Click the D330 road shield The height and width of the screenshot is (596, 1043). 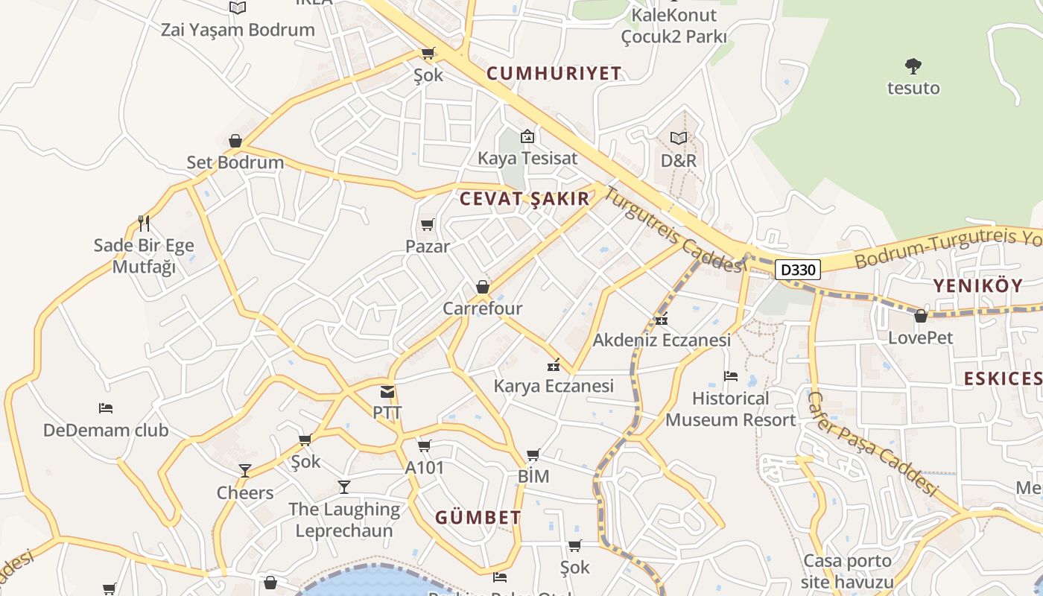(797, 270)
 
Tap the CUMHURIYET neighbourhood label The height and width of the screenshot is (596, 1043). (554, 73)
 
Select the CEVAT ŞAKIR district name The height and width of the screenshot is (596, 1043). (524, 199)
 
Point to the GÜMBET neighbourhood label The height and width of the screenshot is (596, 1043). (478, 517)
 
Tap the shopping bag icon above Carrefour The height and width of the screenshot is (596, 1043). (483, 287)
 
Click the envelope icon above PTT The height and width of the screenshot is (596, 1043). (387, 392)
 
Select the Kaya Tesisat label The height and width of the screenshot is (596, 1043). (527, 158)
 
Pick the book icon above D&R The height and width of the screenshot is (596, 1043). (678, 138)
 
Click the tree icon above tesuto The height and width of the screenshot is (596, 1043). (913, 66)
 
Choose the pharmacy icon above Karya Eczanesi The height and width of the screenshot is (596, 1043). (554, 365)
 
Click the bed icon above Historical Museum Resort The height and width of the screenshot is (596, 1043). (730, 376)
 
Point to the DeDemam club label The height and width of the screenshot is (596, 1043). (106, 430)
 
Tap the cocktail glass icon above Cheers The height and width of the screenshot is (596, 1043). (244, 471)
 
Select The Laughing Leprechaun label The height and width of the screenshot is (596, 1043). (344, 519)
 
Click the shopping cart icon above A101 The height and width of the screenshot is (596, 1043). (424, 446)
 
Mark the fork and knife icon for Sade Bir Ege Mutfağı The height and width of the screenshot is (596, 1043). (144, 223)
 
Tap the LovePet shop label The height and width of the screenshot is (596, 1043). (920, 337)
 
